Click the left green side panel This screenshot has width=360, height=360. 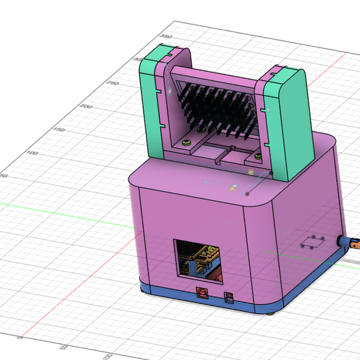click(x=149, y=105)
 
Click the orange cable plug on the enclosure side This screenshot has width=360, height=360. click(x=353, y=245)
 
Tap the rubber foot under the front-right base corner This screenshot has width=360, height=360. click(x=271, y=312)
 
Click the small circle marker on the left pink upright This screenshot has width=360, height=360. click(x=170, y=90)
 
